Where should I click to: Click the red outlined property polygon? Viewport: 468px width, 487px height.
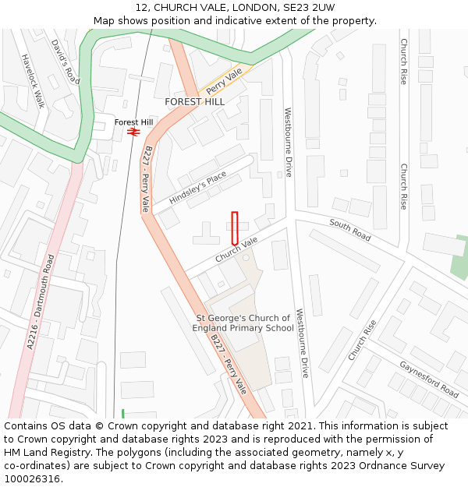click(x=234, y=228)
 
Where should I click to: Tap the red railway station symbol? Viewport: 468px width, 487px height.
click(x=133, y=132)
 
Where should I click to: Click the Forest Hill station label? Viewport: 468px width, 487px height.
click(x=133, y=122)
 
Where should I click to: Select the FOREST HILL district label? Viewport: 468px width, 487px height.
click(x=194, y=102)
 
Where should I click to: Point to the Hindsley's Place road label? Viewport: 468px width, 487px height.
click(x=197, y=188)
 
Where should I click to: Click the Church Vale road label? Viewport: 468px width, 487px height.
click(x=236, y=250)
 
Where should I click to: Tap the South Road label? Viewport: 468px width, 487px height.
click(x=350, y=229)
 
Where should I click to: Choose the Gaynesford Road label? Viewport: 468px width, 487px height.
click(x=429, y=379)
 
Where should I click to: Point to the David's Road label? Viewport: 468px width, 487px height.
click(x=66, y=62)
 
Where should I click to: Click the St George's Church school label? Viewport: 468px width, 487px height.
click(x=243, y=323)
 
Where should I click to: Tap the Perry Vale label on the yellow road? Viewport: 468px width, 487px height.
click(x=225, y=80)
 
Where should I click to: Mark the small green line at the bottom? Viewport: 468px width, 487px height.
click(x=122, y=413)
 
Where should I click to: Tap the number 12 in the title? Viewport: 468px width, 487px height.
click(x=142, y=8)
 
